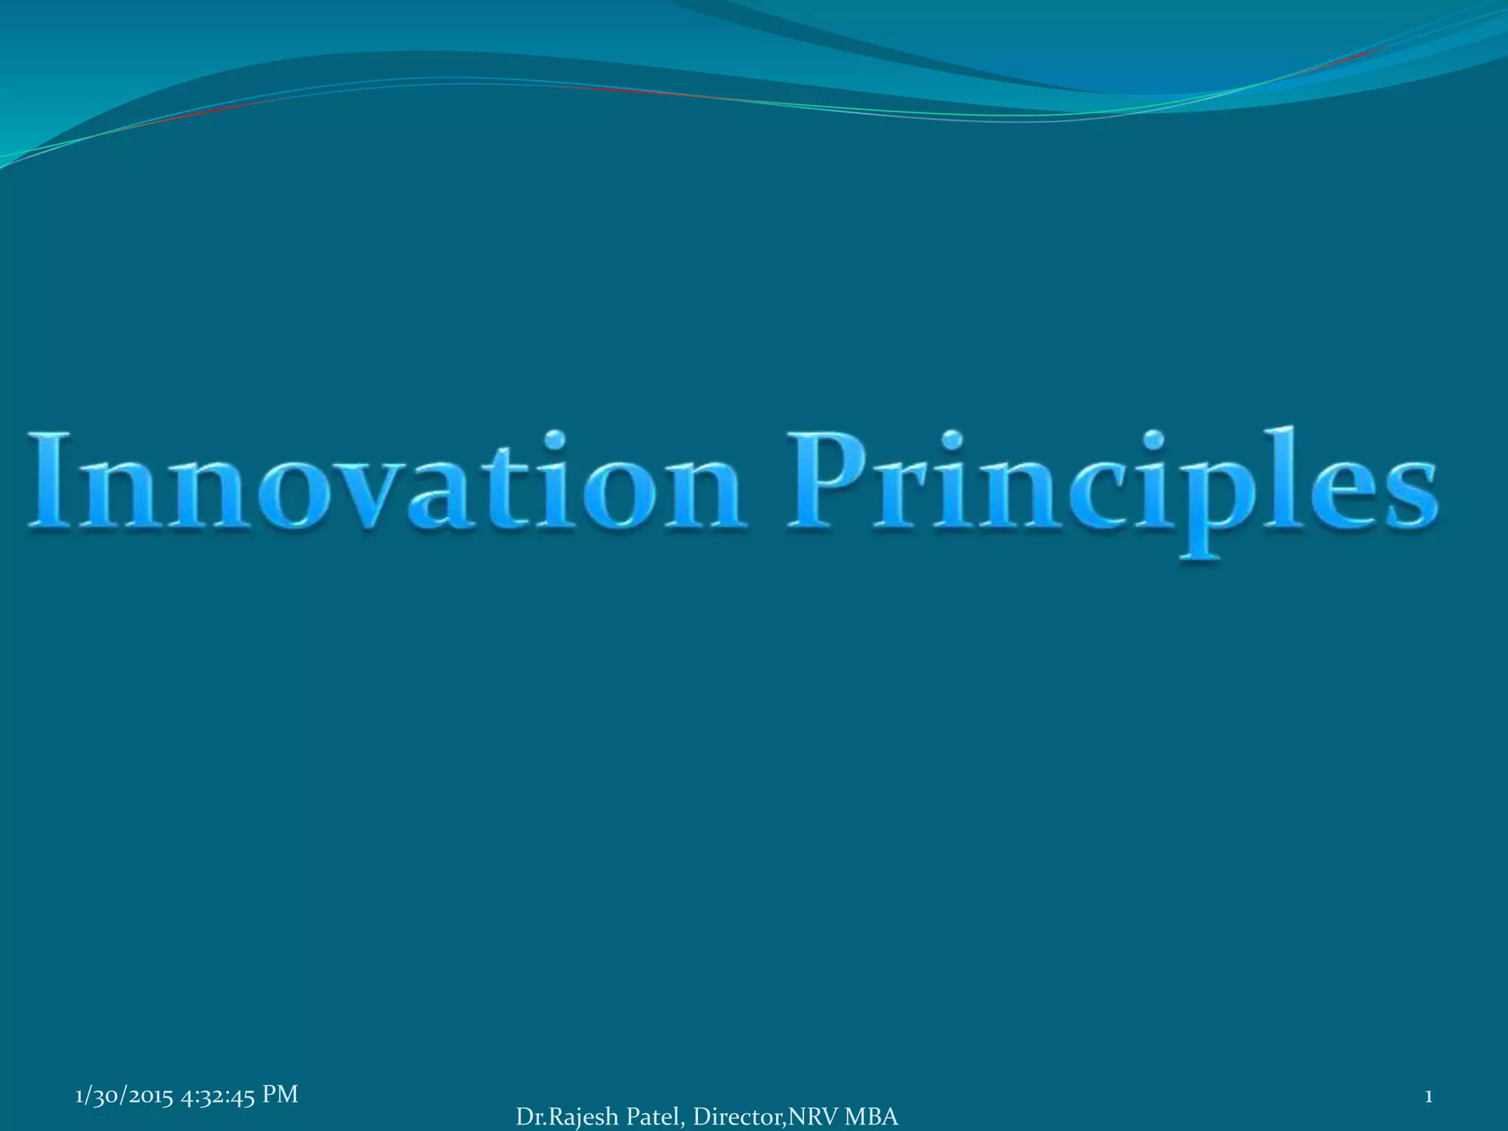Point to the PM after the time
click(280, 1095)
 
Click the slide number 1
click(1428, 1097)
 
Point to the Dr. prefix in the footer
click(531, 1117)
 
